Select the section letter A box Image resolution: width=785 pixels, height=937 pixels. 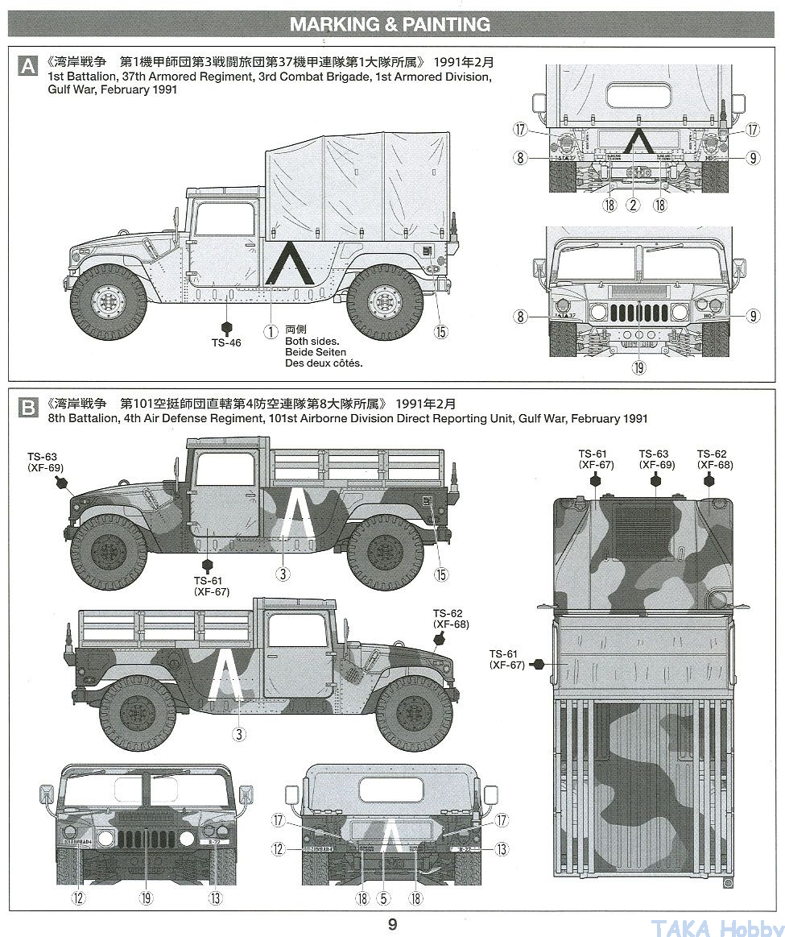tap(27, 66)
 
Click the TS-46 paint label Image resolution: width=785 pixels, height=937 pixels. tap(226, 342)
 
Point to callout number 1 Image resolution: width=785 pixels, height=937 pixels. tap(271, 330)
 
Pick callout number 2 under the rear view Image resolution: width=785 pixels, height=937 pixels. tap(634, 205)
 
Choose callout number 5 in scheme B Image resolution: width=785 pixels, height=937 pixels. tap(384, 898)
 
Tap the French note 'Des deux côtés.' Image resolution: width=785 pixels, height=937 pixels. tap(324, 363)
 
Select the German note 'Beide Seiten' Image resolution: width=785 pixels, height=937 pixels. tap(316, 352)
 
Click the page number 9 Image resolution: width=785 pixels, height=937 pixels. tap(392, 924)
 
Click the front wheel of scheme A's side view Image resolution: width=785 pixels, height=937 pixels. tap(109, 301)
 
